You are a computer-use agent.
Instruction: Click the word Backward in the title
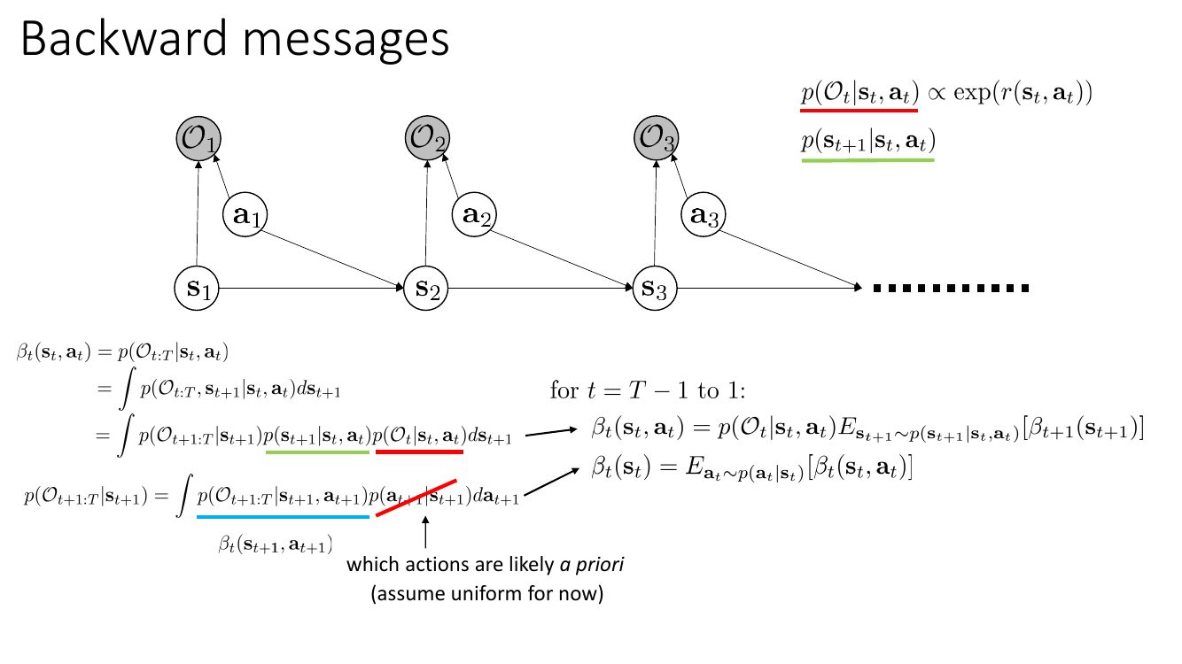point(124,38)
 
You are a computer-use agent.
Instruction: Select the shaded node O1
point(198,139)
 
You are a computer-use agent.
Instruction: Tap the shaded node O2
point(427,138)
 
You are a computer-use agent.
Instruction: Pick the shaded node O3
point(657,138)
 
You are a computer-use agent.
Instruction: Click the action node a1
point(245,214)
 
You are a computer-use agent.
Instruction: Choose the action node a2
point(474,214)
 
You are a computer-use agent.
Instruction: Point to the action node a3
point(703,214)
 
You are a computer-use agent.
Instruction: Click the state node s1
point(197,288)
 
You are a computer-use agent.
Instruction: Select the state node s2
point(425,288)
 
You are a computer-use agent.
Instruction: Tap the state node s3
point(654,288)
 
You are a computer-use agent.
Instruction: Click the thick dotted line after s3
point(951,288)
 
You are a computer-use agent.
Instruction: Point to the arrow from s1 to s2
point(311,288)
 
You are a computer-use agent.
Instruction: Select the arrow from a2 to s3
point(562,260)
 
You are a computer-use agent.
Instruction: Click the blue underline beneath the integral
point(283,517)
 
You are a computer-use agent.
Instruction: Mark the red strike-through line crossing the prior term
point(416,498)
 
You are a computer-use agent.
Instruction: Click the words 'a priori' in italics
point(592,565)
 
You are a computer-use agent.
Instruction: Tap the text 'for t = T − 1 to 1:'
point(648,390)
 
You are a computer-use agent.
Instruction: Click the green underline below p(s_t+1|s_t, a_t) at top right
point(868,159)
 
